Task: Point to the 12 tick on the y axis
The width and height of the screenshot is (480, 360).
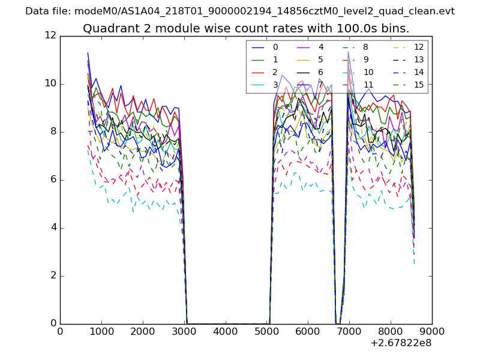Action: tap(50, 35)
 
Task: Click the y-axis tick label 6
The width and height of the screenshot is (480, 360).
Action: tap(53, 179)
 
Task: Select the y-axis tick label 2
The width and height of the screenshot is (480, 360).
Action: tap(53, 275)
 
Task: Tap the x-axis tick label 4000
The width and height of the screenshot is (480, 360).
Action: tap(226, 331)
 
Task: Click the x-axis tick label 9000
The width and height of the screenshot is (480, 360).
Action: tap(432, 331)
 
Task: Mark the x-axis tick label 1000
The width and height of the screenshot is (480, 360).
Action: tap(101, 331)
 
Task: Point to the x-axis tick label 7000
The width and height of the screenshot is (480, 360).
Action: tap(349, 331)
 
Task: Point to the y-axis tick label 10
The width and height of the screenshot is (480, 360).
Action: tap(50, 83)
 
